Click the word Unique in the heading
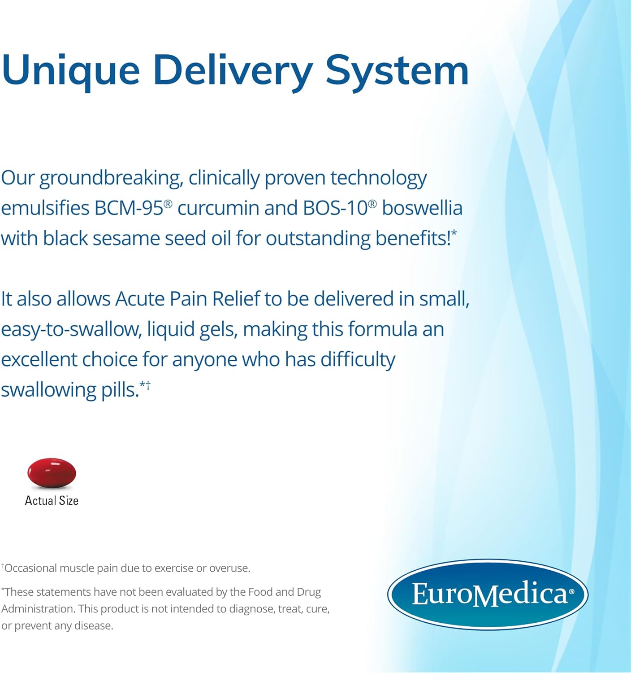[x=70, y=72]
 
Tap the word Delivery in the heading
[x=233, y=72]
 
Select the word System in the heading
[x=397, y=71]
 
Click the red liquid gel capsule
[x=52, y=473]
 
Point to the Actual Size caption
[x=52, y=501]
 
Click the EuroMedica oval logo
[x=488, y=594]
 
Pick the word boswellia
[x=422, y=208]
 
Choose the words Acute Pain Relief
[x=188, y=299]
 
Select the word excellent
[x=39, y=359]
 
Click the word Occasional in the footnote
[x=30, y=568]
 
